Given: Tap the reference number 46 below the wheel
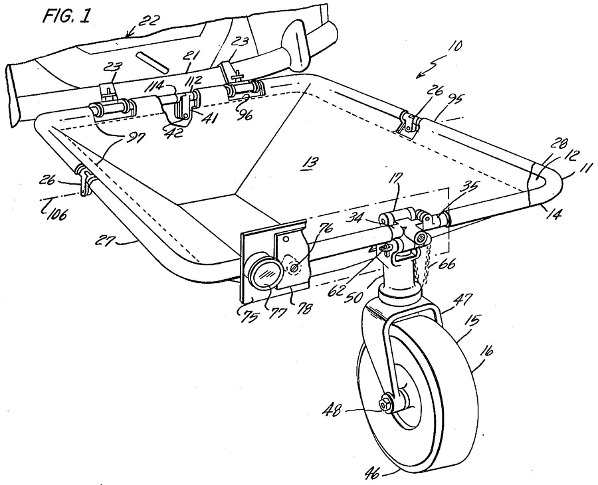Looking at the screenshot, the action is pos(372,474).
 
